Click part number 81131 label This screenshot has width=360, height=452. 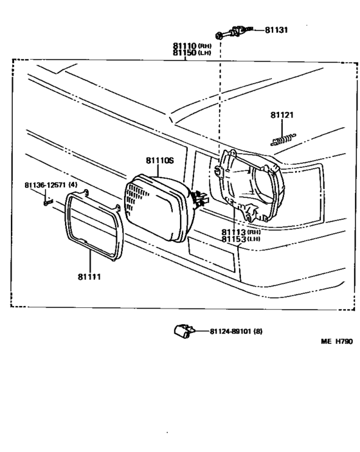(x=276, y=30)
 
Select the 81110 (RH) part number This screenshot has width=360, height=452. (x=192, y=46)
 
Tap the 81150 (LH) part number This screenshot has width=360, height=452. (x=192, y=53)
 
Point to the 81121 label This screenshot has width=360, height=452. (x=282, y=115)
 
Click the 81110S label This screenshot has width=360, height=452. (x=160, y=160)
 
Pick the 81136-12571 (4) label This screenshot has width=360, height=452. (x=51, y=185)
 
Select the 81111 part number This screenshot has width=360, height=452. (x=89, y=276)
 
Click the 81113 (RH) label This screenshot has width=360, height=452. (x=240, y=232)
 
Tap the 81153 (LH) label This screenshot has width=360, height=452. (x=240, y=239)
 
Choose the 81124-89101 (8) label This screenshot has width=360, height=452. (x=236, y=331)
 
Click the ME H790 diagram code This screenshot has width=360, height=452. (x=337, y=341)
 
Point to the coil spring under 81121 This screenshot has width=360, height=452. (x=283, y=140)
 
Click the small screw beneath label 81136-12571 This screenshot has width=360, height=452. (x=48, y=203)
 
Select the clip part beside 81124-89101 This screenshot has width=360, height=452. (x=184, y=331)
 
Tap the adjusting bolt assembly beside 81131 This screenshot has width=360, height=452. (x=234, y=32)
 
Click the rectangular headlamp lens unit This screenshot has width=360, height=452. (x=159, y=208)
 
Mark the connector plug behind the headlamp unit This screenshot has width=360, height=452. (x=200, y=199)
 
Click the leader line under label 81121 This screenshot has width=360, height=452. (x=282, y=128)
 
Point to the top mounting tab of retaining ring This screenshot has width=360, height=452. (x=85, y=192)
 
